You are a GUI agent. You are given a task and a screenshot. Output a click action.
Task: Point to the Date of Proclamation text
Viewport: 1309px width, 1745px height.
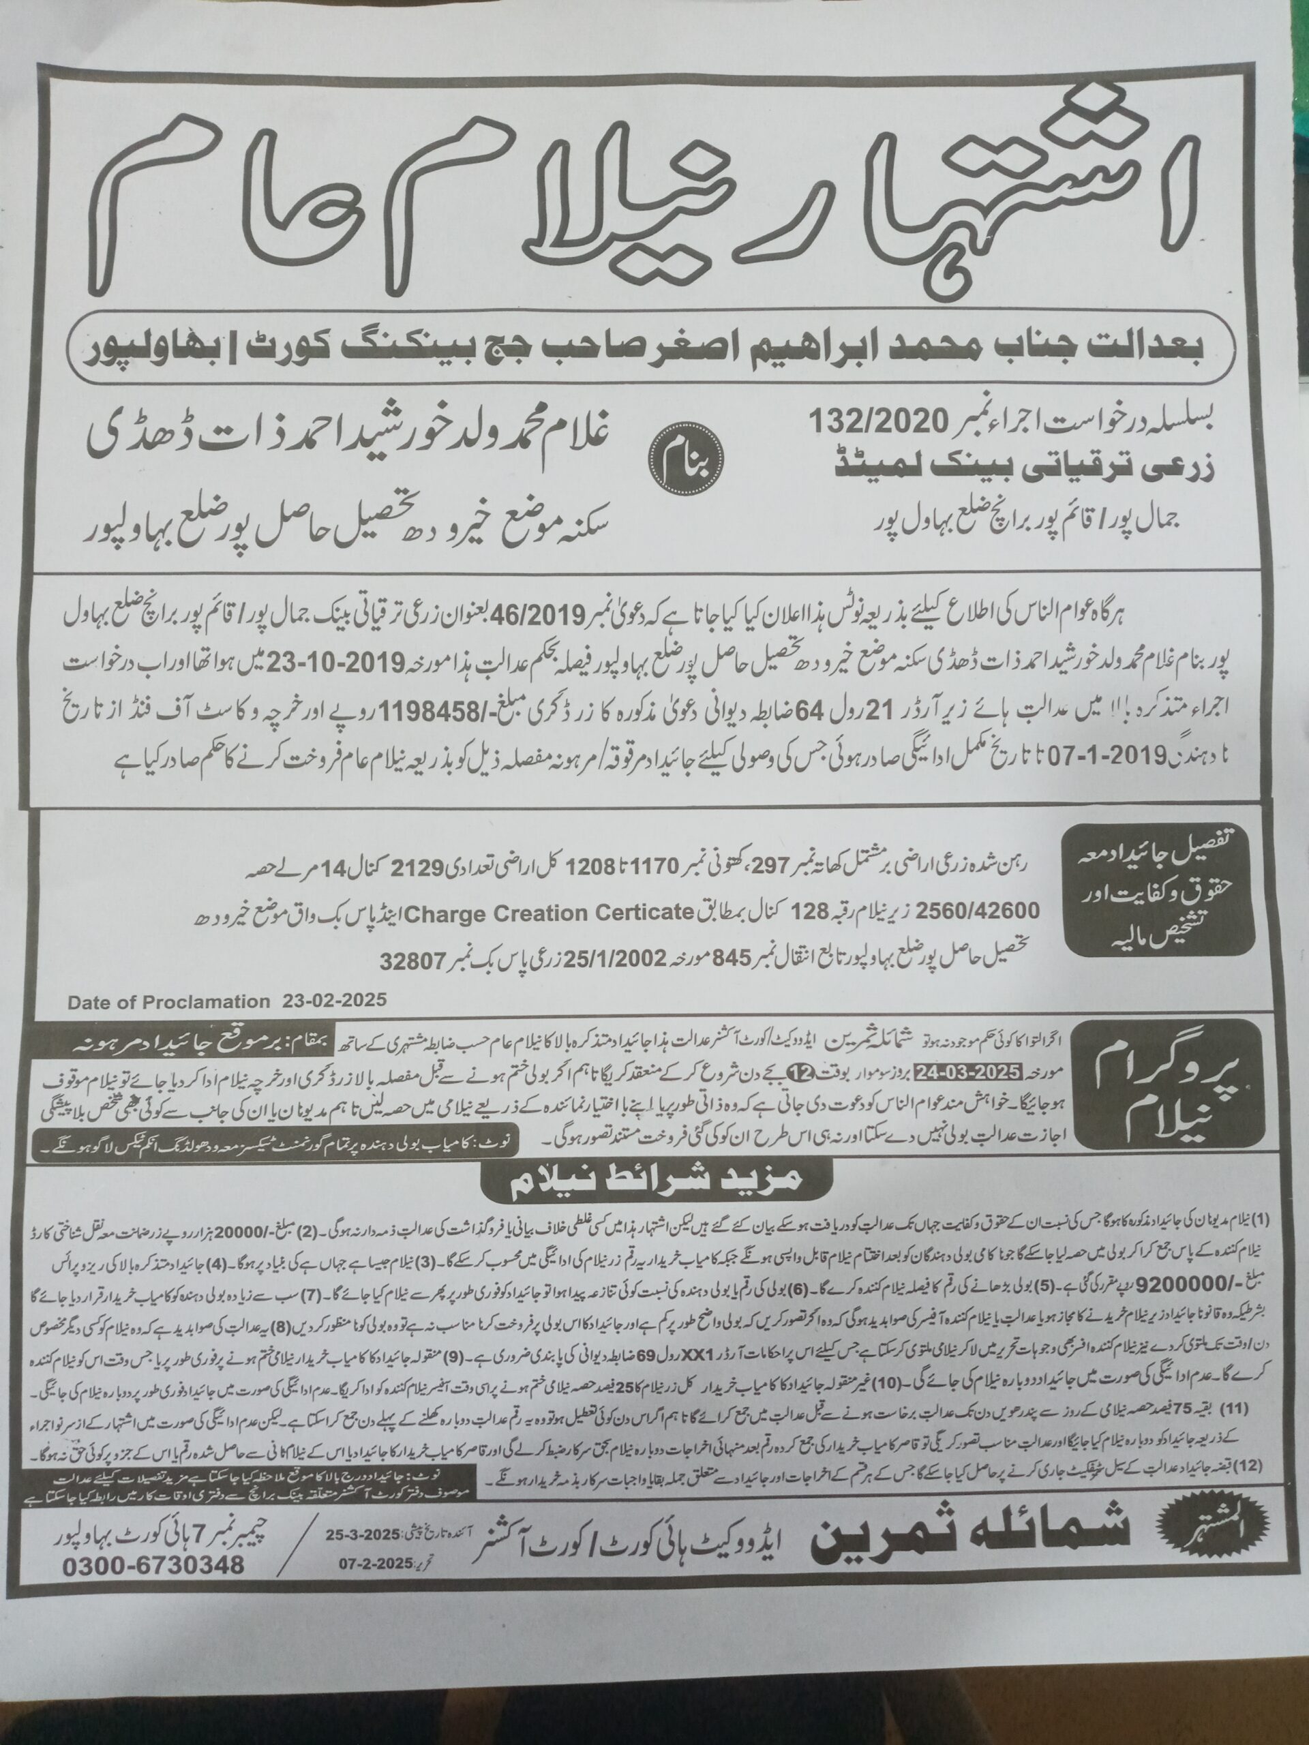(169, 1003)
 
